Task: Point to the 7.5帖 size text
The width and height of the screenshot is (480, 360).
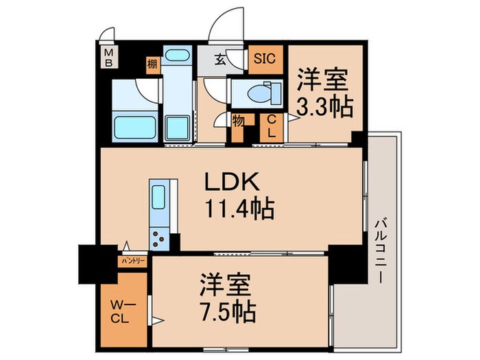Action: [227, 312]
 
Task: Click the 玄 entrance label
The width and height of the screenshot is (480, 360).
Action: [219, 60]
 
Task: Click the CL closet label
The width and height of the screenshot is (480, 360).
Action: [271, 128]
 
